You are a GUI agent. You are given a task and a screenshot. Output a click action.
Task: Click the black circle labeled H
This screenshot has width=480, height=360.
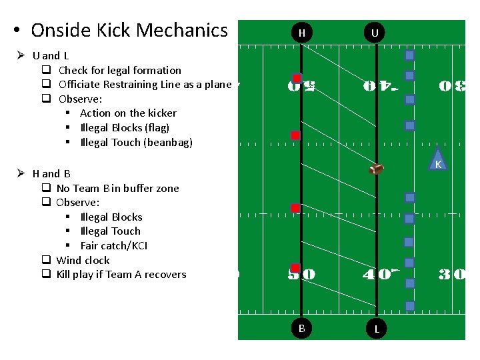point(302,33)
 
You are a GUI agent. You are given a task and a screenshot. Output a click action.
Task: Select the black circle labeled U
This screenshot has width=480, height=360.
point(375,33)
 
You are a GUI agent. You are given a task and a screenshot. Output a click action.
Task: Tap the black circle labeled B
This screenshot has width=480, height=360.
point(302,328)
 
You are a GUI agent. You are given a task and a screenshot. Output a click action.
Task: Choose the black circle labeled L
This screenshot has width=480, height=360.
point(377,329)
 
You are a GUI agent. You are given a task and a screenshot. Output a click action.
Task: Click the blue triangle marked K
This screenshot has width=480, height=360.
point(438,162)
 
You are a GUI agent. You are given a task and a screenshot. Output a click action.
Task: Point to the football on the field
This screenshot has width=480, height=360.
point(376,169)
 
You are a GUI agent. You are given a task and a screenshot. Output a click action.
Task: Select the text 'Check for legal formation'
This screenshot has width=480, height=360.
point(120,70)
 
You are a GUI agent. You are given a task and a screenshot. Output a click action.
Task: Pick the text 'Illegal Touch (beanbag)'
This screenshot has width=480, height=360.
point(137,142)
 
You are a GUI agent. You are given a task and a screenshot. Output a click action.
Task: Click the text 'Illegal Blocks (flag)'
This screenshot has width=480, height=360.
point(125,127)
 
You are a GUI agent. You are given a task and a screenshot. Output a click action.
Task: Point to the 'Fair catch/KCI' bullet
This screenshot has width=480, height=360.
point(114,245)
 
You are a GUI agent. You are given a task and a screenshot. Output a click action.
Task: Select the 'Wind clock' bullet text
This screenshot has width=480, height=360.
point(83,260)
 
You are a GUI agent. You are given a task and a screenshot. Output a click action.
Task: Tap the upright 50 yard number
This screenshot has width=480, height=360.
point(301,274)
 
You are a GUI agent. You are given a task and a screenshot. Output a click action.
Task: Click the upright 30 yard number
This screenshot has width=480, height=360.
point(452,274)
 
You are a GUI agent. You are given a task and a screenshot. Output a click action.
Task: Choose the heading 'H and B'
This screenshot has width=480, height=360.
point(51,173)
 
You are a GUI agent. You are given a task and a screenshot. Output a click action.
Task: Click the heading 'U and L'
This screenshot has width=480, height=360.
point(51,56)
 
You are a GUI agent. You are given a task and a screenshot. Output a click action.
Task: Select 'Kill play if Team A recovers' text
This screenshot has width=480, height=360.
point(121,274)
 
